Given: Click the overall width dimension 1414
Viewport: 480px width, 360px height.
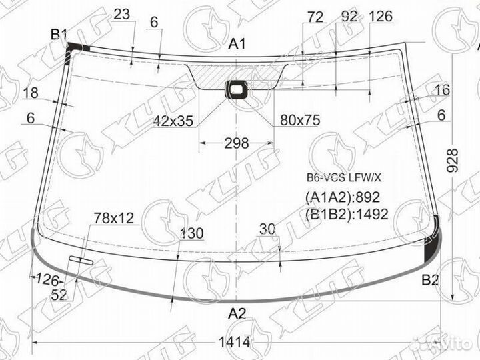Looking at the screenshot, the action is click(x=235, y=342).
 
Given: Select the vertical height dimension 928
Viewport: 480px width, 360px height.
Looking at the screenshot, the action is click(x=453, y=161).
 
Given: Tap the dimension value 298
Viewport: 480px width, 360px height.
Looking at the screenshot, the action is click(x=236, y=143).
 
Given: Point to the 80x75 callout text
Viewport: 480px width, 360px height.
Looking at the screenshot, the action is click(x=300, y=120).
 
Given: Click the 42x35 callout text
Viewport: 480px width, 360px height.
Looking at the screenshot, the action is click(x=173, y=121).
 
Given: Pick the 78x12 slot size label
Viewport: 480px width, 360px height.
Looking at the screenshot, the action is click(x=114, y=218).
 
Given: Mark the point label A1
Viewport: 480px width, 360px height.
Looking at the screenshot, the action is click(x=237, y=44).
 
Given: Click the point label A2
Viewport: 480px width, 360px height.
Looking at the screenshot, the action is click(x=237, y=313).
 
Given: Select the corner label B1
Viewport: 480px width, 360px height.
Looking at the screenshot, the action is click(x=59, y=34).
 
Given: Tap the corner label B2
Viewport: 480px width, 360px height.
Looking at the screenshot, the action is click(x=430, y=279).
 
